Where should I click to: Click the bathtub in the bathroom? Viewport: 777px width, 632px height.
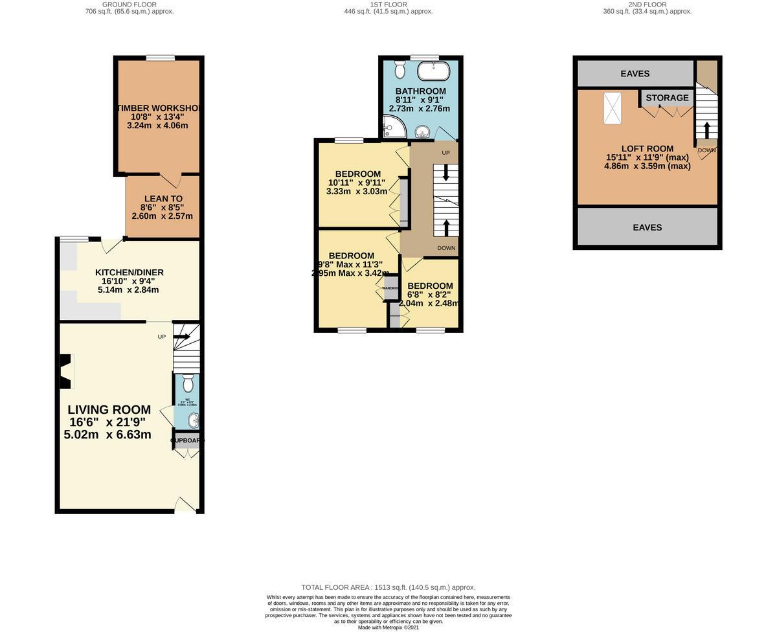431,70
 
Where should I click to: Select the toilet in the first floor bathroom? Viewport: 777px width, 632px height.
400,69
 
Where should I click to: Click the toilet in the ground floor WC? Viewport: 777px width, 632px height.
188,383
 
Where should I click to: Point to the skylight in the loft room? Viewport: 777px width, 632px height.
612,107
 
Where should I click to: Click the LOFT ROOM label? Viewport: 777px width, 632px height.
647,148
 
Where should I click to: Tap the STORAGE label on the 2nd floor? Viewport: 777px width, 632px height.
667,98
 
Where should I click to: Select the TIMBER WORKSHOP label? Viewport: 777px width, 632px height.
159,108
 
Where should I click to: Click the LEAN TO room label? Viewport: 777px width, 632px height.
163,199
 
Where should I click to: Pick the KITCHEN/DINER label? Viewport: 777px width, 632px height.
129,272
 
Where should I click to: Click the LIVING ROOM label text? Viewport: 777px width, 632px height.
109,410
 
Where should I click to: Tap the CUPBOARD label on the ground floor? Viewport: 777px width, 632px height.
187,440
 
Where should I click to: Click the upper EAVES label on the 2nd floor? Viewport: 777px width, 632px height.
635,74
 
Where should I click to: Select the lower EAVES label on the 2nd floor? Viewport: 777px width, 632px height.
647,227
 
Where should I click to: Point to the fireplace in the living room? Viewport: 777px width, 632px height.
65,372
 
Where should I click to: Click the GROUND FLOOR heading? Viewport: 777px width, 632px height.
129,5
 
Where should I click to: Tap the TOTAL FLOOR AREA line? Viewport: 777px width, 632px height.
388,587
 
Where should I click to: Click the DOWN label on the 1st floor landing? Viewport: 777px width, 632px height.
446,248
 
